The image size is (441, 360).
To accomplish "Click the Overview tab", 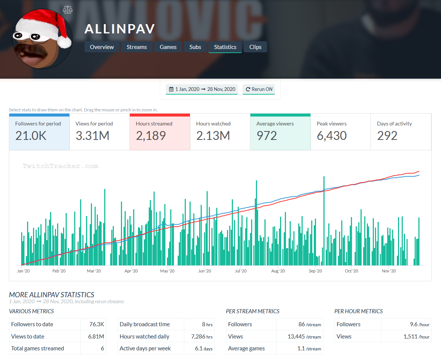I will tap(102, 47).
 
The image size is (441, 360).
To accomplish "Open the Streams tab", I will tap(136, 47).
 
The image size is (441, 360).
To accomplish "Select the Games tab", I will tap(168, 47).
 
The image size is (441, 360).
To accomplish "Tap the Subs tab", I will tap(195, 47).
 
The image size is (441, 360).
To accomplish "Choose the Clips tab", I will tap(255, 47).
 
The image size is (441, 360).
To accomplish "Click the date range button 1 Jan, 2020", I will tap(202, 89).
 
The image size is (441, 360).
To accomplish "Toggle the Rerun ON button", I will tap(259, 89).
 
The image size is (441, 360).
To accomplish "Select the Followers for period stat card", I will tap(39, 132).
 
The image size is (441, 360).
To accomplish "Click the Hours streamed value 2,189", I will tap(151, 136).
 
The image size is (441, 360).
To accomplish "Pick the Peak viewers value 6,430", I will tap(332, 136).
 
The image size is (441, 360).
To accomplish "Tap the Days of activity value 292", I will tap(387, 136).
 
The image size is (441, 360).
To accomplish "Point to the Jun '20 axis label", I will tap(204, 271).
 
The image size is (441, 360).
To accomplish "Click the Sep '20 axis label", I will tap(315, 271).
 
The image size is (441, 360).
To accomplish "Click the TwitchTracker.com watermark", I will tap(60, 166).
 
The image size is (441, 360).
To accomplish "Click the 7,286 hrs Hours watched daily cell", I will tap(199, 337).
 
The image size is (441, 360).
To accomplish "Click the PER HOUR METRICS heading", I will tap(358, 311).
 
